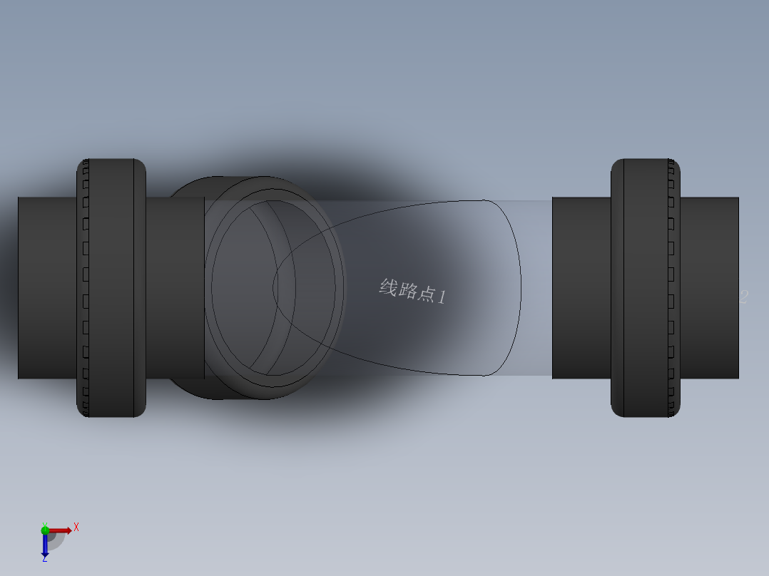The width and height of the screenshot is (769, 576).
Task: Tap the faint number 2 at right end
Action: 743,297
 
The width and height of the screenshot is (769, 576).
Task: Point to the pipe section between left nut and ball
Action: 175,288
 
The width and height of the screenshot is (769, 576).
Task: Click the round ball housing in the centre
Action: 271,288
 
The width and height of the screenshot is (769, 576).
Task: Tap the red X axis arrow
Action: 61,530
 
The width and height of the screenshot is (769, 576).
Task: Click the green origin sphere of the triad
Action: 45,530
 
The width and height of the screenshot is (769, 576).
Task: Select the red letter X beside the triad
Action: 76,528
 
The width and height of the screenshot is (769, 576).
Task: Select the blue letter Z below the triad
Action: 44,560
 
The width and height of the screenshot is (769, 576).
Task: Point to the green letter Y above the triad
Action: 44,523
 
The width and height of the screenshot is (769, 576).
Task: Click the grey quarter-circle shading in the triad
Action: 55,540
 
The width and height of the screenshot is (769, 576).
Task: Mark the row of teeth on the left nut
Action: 86,288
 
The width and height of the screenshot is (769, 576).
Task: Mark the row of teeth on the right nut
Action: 671,288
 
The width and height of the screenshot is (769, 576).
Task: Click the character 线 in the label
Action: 387,287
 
